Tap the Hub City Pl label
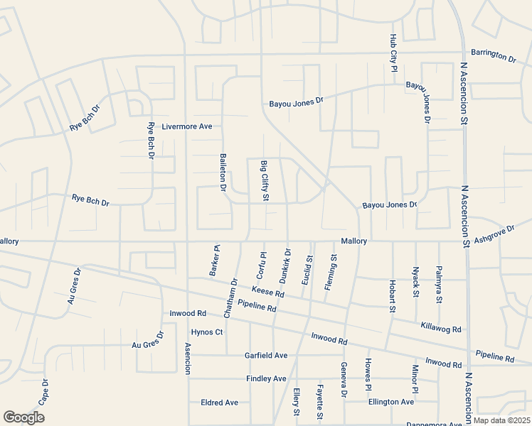[x=393, y=53]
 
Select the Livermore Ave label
[x=187, y=126]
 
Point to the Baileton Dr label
[x=223, y=173]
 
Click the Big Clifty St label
[x=264, y=180]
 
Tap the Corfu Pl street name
[x=261, y=265]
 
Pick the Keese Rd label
[x=268, y=292]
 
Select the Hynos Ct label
[x=207, y=332]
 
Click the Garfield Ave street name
[x=266, y=355]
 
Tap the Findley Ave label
[x=266, y=378]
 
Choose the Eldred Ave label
[x=219, y=402]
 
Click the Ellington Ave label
[x=390, y=402]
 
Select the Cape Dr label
[x=44, y=391]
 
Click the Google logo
[x=23, y=417]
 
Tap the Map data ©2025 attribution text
[x=501, y=420]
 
